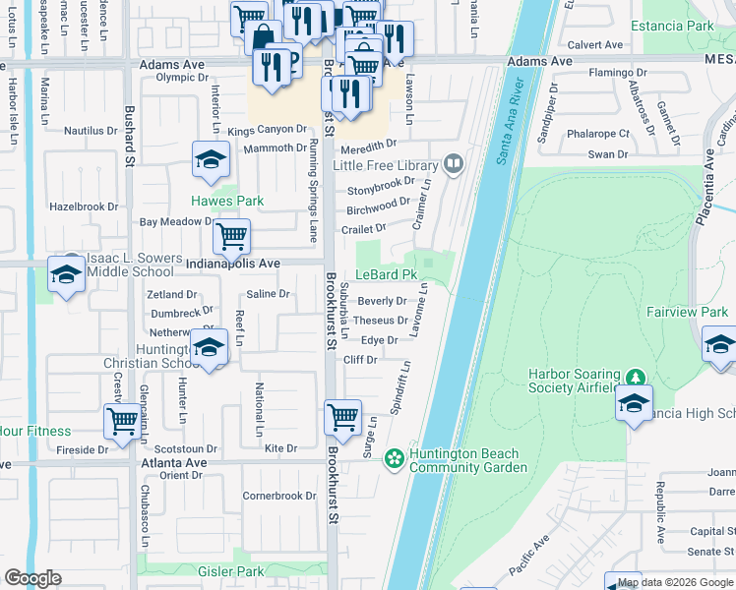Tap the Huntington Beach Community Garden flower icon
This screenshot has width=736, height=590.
(x=394, y=458)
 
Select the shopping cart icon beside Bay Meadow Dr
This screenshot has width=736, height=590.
(x=231, y=235)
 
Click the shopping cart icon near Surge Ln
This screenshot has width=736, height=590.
(x=342, y=416)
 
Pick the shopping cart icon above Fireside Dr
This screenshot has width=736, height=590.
(x=123, y=420)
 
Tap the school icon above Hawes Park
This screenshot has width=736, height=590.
(x=211, y=161)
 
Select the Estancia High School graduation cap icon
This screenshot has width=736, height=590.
(x=635, y=403)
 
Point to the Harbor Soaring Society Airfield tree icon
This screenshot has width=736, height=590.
(x=636, y=378)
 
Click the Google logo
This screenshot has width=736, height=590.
(x=33, y=577)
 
